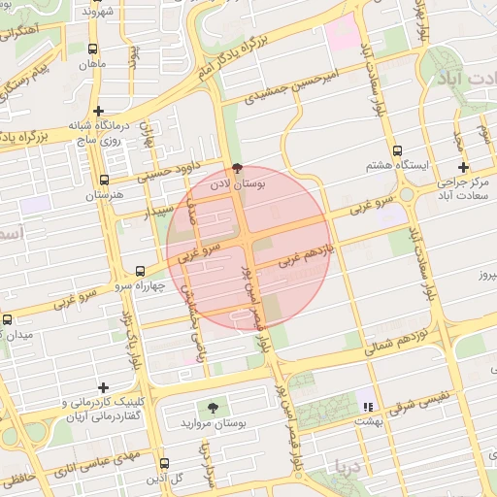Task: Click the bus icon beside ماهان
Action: click(x=92, y=49)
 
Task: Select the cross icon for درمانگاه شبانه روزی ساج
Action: click(x=99, y=111)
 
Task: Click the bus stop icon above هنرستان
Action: click(x=104, y=180)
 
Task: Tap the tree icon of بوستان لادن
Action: click(x=238, y=166)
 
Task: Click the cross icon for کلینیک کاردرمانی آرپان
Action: click(x=103, y=387)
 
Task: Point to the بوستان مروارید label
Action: click(x=213, y=424)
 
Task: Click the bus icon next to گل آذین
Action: click(x=163, y=463)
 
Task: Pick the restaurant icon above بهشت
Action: click(x=367, y=406)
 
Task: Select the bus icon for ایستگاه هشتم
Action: click(x=397, y=150)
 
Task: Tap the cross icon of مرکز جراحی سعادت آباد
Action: click(x=463, y=167)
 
